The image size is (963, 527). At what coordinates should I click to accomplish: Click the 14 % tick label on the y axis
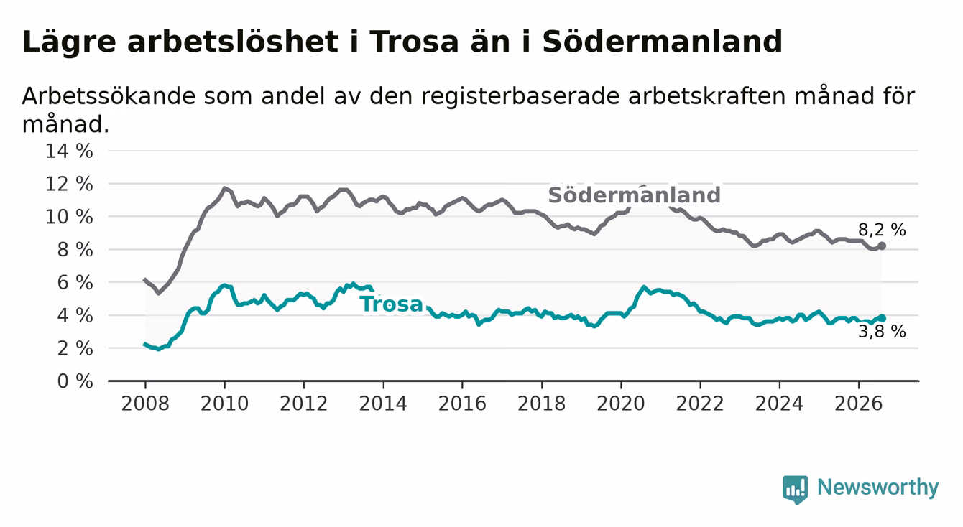pyautogui.click(x=69, y=151)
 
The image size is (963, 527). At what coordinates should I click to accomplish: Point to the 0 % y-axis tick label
pyautogui.click(x=75, y=381)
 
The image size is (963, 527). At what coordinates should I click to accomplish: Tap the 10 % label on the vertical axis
pyautogui.click(x=69, y=218)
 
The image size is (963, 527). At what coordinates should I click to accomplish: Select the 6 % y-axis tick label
pyautogui.click(x=75, y=283)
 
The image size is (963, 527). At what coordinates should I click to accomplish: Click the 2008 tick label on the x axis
pyautogui.click(x=145, y=404)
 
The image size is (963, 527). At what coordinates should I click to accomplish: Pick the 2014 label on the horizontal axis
pyautogui.click(x=383, y=404)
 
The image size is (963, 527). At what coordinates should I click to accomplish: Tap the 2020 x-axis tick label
pyautogui.click(x=621, y=404)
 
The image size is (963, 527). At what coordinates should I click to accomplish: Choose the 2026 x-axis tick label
pyautogui.click(x=859, y=404)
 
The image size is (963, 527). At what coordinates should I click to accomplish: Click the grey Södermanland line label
pyautogui.click(x=634, y=195)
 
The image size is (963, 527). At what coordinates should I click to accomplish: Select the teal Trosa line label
pyautogui.click(x=392, y=304)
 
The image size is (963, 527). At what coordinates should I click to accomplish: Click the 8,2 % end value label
pyautogui.click(x=882, y=230)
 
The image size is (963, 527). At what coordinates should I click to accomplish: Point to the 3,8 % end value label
pyautogui.click(x=882, y=332)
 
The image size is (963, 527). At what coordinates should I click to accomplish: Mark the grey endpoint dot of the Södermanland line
pyautogui.click(x=882, y=246)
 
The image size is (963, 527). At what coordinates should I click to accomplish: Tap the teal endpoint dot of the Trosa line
pyautogui.click(x=882, y=318)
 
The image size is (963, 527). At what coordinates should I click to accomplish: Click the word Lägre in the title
pyautogui.click(x=69, y=42)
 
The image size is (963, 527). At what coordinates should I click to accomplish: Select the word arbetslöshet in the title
pyautogui.click(x=233, y=42)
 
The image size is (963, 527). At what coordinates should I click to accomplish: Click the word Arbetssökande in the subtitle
pyautogui.click(x=109, y=95)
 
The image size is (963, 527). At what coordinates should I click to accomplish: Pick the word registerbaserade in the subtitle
pyautogui.click(x=520, y=97)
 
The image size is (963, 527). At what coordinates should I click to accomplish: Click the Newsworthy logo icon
pyautogui.click(x=796, y=490)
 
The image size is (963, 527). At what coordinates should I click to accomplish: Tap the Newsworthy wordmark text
pyautogui.click(x=878, y=488)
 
